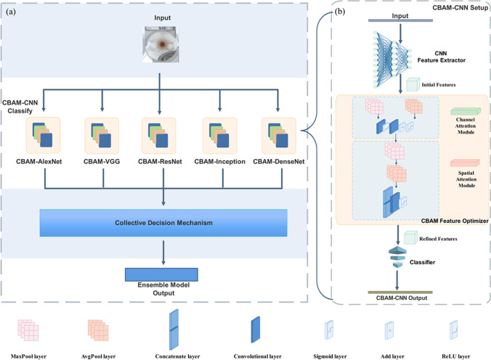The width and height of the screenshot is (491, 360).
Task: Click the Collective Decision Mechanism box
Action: (x=163, y=223)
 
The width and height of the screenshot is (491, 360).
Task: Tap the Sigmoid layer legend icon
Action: (x=329, y=330)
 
